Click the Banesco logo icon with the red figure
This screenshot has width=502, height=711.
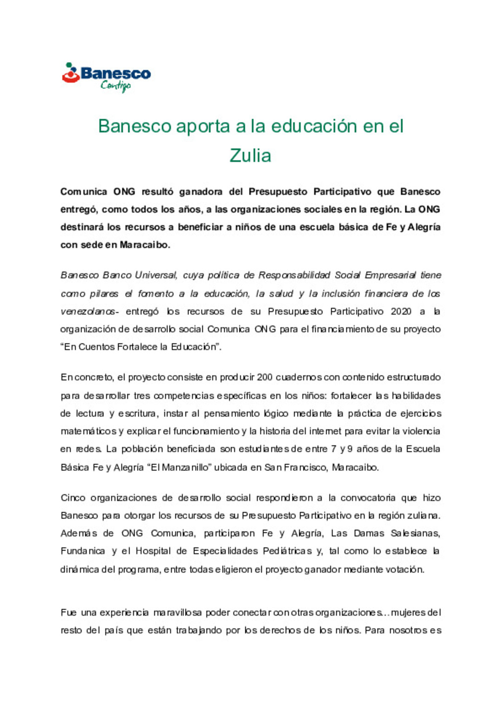click(71, 74)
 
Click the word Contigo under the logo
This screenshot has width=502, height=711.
click(116, 86)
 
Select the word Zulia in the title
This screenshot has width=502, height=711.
click(250, 155)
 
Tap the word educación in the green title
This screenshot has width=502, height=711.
click(314, 126)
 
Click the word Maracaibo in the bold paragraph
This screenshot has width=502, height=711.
click(145, 245)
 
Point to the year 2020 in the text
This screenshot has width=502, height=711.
click(401, 311)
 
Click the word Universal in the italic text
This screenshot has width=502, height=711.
click(156, 275)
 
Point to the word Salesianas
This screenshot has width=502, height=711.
click(415, 533)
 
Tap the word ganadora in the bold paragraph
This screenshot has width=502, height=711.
click(201, 192)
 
